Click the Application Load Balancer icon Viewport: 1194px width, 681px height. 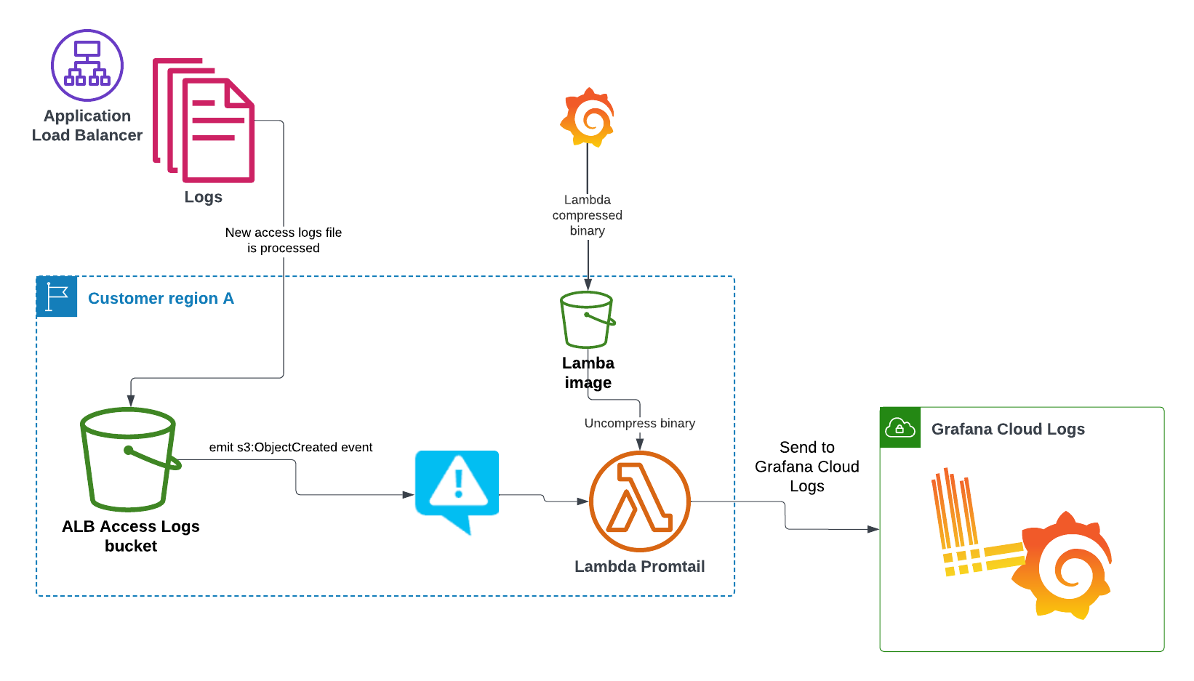(x=87, y=65)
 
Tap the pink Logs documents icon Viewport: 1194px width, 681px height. (x=204, y=121)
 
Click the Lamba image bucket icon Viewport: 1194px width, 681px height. (x=587, y=320)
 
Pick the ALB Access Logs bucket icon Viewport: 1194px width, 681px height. (x=129, y=459)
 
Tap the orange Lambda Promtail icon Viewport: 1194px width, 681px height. (x=639, y=501)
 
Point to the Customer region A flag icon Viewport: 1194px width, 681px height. (x=57, y=297)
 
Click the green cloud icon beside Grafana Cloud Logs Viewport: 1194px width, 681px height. (x=900, y=427)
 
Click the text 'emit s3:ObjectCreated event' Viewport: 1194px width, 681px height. (x=291, y=448)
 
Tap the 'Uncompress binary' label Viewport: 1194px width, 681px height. (x=640, y=423)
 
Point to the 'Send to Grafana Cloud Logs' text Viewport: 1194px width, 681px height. (x=807, y=467)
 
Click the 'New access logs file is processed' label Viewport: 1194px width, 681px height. (x=284, y=241)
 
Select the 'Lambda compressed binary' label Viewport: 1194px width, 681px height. (x=588, y=215)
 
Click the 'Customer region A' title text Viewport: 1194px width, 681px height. (x=161, y=299)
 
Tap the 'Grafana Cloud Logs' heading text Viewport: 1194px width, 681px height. (x=1008, y=430)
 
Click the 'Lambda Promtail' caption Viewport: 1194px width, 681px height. (x=640, y=567)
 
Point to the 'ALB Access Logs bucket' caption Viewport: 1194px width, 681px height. (x=131, y=536)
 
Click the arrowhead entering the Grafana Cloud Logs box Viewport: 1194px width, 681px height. (x=873, y=529)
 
